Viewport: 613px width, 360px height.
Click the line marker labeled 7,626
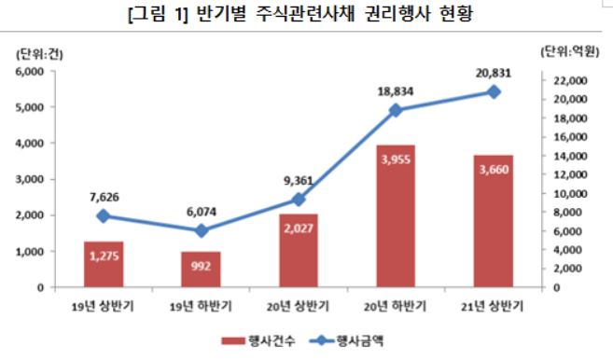click(x=103, y=215)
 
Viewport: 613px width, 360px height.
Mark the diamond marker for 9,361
click(x=298, y=199)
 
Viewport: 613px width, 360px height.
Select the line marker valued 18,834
click(x=396, y=110)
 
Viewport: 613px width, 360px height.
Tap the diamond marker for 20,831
click(x=494, y=91)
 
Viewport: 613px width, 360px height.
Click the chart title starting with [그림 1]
click(x=305, y=17)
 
